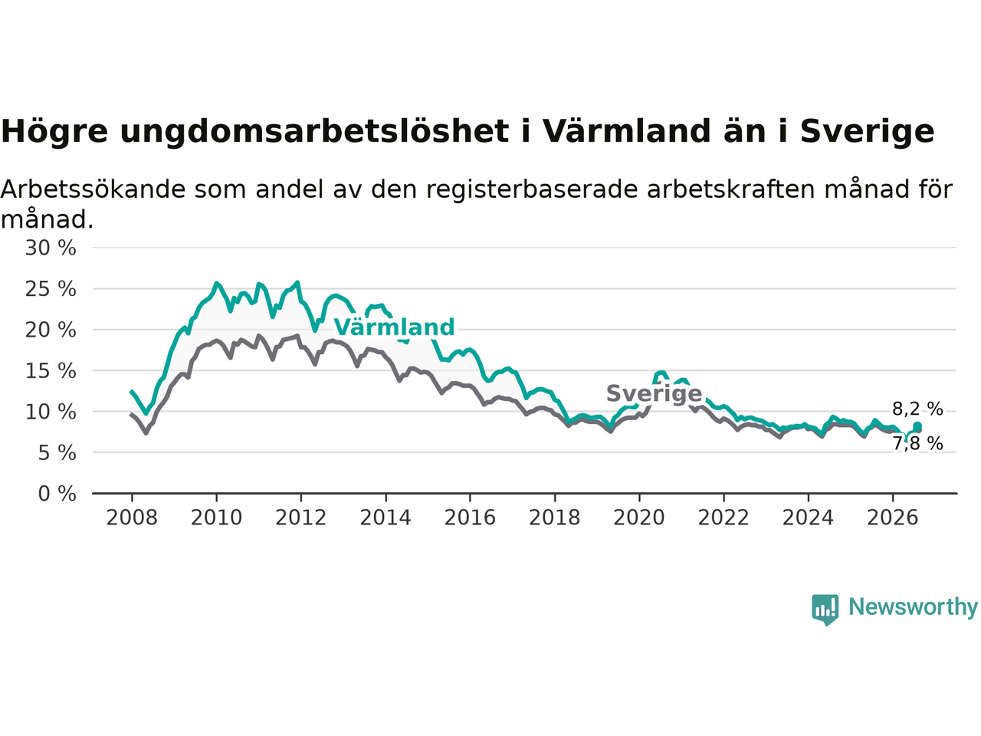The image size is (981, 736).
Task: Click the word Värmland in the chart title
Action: tap(627, 131)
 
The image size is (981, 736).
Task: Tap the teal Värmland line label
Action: tap(394, 327)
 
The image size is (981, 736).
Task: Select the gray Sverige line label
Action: tap(655, 394)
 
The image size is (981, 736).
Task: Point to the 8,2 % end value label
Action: tap(917, 409)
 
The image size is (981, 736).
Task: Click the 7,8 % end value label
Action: tap(917, 444)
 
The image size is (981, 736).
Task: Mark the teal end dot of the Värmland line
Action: tap(917, 426)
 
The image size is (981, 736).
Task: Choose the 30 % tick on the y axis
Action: tap(51, 248)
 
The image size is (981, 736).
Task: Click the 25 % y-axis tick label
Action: tap(51, 289)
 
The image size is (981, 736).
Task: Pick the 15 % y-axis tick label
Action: tap(51, 371)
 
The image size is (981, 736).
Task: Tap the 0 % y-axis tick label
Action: tap(57, 494)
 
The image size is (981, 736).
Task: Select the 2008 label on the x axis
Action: tap(132, 518)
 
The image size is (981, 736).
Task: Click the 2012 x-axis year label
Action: tap(300, 518)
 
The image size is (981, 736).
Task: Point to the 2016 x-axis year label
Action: tap(470, 518)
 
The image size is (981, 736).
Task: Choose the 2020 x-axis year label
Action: tap(639, 518)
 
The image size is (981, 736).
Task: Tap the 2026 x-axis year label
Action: tap(893, 518)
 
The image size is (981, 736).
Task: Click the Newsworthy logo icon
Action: tap(825, 609)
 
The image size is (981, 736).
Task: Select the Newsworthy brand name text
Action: tap(913, 607)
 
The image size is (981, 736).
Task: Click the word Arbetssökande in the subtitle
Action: tap(93, 189)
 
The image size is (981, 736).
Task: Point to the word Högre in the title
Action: tap(54, 132)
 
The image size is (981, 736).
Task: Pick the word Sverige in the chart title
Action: tap(867, 132)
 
